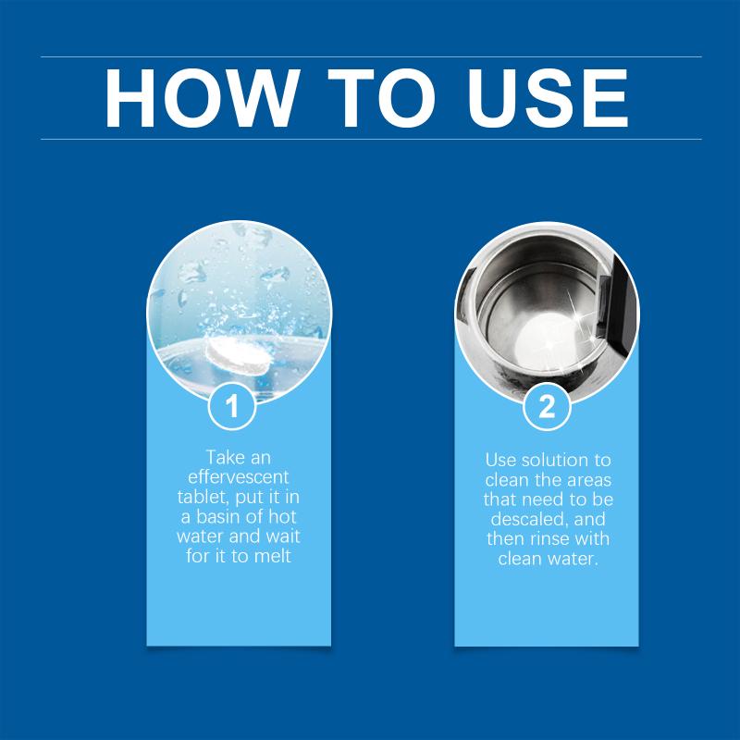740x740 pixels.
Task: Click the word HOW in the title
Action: (x=202, y=98)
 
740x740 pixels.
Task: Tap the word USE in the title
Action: (x=548, y=98)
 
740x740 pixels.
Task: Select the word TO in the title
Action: (x=382, y=98)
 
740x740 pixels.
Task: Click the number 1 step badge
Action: (x=232, y=406)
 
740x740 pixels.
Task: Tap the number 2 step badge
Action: (x=547, y=406)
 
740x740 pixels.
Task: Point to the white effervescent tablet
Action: (x=239, y=355)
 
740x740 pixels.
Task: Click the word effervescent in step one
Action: (x=239, y=477)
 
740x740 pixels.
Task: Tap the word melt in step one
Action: (x=273, y=556)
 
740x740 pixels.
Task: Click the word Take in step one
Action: (x=225, y=457)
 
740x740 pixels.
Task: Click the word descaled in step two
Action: (x=528, y=519)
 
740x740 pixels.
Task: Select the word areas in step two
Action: (x=589, y=480)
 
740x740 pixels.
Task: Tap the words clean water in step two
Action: (x=548, y=559)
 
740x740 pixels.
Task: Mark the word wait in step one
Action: (x=282, y=536)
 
